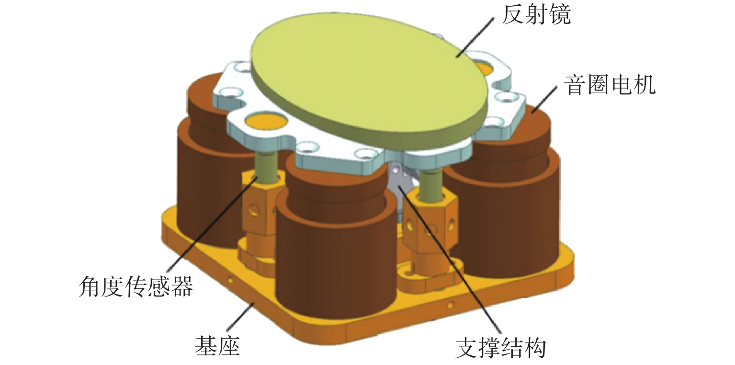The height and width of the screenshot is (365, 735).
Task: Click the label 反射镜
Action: coord(536,16)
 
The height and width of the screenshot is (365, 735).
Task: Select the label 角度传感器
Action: coord(136,287)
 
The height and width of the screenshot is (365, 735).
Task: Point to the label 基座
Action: coord(217,345)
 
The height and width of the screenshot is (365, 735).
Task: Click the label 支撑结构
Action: coord(500,348)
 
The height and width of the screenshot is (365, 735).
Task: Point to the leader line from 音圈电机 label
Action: coord(546,98)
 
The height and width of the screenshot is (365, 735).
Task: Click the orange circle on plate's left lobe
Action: coord(262,120)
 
